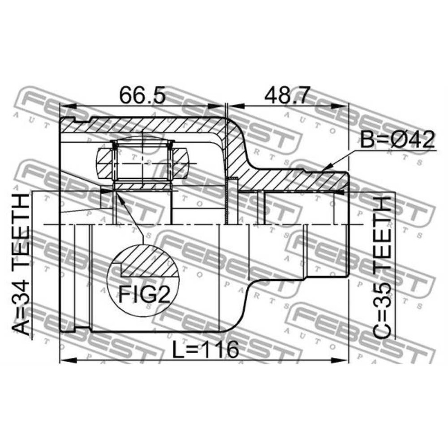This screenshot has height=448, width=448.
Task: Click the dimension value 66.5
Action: (x=142, y=96)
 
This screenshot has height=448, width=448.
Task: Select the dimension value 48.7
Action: (x=287, y=96)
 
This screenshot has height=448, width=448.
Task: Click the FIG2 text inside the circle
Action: (x=143, y=294)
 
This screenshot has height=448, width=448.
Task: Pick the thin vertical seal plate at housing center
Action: (x=227, y=201)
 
